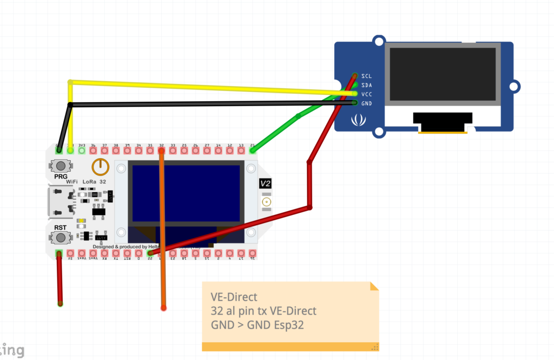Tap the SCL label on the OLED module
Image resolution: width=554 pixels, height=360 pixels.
coord(366,76)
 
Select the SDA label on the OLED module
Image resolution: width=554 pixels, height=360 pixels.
coord(366,85)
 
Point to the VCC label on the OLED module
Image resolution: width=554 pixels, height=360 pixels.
coord(366,94)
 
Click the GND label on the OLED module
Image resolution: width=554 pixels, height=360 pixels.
coord(366,103)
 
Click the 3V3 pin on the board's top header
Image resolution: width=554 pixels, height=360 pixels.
coord(82,150)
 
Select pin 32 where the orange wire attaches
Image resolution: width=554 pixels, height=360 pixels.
coord(161,150)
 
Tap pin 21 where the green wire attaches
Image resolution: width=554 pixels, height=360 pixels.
coord(253,150)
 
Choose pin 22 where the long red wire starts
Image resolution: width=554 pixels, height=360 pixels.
coord(150,253)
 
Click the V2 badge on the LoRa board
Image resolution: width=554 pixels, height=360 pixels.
coord(266,184)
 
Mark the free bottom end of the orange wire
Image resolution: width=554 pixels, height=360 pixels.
coord(163,308)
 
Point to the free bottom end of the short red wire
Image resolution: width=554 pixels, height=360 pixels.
coord(60,304)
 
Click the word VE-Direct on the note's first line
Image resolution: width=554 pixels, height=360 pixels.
coord(234,297)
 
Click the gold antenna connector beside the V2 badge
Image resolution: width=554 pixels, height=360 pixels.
coord(266,203)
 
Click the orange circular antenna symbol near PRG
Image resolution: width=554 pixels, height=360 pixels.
coord(100,167)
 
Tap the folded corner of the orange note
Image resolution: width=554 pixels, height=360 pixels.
coord(374,286)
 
